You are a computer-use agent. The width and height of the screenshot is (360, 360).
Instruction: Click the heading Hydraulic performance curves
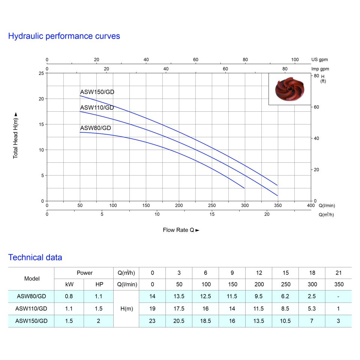click(x=64, y=36)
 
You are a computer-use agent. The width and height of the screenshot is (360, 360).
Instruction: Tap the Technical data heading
click(x=35, y=258)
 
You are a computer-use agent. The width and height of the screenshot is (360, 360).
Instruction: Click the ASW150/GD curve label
click(x=97, y=92)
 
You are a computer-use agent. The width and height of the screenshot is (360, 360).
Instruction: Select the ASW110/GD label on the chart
click(x=97, y=108)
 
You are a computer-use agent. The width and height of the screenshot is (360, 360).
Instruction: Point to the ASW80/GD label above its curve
click(x=96, y=128)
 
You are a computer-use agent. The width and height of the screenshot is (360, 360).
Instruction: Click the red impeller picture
click(x=289, y=89)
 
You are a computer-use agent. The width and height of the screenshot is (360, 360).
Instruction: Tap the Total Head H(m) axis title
click(x=16, y=135)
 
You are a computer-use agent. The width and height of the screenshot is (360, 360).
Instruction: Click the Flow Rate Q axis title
click(x=181, y=230)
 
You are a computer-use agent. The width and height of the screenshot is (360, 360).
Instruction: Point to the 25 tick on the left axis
click(x=41, y=73)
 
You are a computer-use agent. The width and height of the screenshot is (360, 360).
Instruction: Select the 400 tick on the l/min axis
click(x=311, y=205)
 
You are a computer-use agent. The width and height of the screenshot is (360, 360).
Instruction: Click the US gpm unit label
click(x=319, y=60)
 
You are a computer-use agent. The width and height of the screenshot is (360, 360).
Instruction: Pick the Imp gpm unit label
click(x=320, y=69)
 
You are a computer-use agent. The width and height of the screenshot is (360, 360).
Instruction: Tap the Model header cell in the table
click(x=31, y=279)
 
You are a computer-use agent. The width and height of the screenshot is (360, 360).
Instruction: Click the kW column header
click(x=69, y=285)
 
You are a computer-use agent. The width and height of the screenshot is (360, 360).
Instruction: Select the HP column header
click(x=98, y=285)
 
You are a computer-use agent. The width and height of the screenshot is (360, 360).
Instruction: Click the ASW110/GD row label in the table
click(x=31, y=309)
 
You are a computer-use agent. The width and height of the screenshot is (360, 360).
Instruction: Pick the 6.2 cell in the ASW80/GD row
click(x=285, y=296)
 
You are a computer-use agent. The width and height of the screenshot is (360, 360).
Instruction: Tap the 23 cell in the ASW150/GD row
click(x=152, y=321)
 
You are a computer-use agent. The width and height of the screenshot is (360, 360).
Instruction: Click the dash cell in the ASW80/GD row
click(x=338, y=296)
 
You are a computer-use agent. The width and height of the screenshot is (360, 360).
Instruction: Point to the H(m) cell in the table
click(x=126, y=309)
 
